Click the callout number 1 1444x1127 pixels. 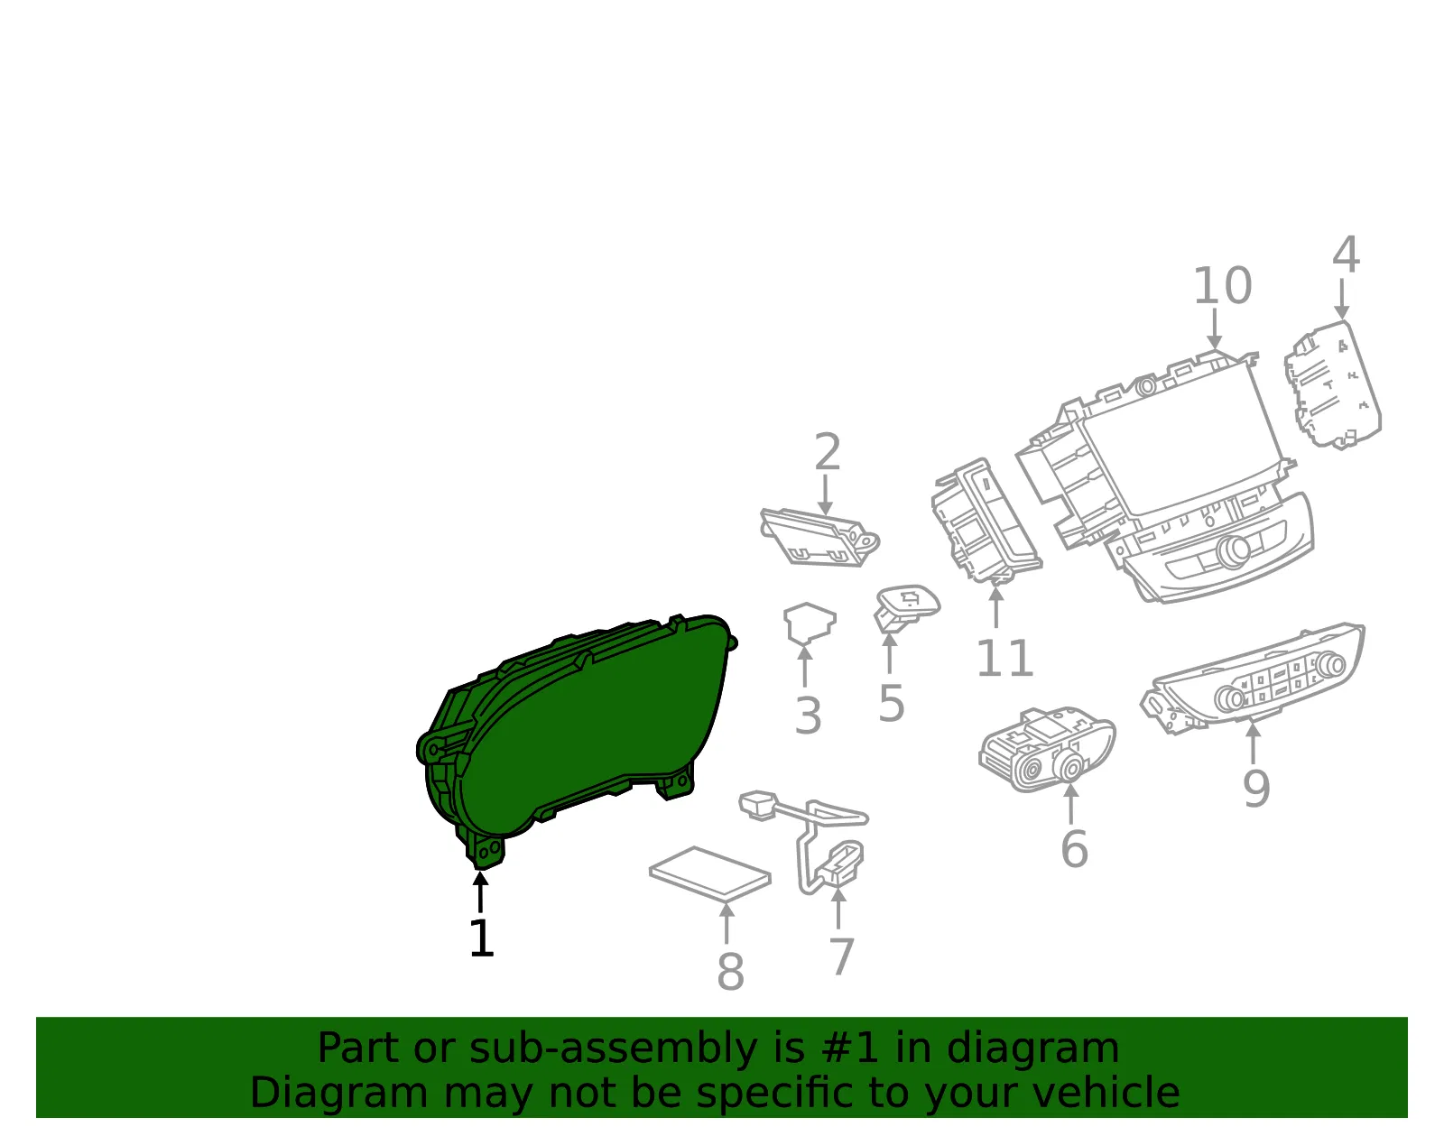482,938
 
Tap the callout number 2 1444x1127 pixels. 828,452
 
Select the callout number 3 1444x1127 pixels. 808,716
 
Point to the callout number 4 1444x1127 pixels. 1347,254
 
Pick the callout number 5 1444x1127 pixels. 891,704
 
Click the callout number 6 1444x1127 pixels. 1075,849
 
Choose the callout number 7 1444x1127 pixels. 841,957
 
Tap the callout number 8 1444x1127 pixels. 730,972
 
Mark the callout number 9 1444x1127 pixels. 1256,789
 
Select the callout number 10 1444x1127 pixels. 1223,285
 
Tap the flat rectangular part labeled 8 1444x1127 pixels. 709,873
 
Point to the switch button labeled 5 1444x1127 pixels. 906,606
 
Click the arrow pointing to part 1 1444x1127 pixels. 480,891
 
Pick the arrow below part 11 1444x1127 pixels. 995,607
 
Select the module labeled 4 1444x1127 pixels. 1333,385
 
